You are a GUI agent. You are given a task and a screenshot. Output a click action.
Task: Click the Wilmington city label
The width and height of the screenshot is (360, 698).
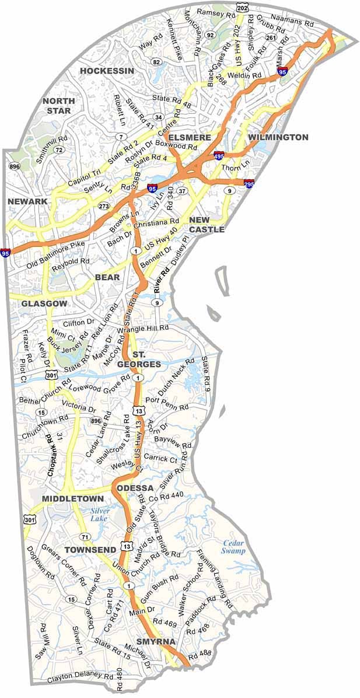pos(278,137)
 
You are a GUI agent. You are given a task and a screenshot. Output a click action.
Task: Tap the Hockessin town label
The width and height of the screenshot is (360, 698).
pos(107,71)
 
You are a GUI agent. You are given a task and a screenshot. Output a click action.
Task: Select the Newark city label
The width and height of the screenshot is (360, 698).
pos(27,201)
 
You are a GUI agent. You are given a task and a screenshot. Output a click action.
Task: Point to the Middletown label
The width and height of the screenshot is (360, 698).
pos(72,499)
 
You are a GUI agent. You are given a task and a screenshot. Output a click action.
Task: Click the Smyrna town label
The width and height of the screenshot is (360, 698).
pos(156,641)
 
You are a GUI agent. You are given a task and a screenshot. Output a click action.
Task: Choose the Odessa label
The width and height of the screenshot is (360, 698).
pos(135,488)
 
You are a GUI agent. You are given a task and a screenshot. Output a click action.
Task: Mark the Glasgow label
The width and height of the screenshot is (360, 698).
pos(44,304)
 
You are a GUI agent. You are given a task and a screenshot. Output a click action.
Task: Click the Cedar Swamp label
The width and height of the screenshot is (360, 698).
pos(233,547)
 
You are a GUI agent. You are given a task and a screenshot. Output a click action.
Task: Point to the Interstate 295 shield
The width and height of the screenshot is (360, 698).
pos(249,183)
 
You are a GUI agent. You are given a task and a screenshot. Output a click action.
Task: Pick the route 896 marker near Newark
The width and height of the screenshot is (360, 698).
pos(13,166)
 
